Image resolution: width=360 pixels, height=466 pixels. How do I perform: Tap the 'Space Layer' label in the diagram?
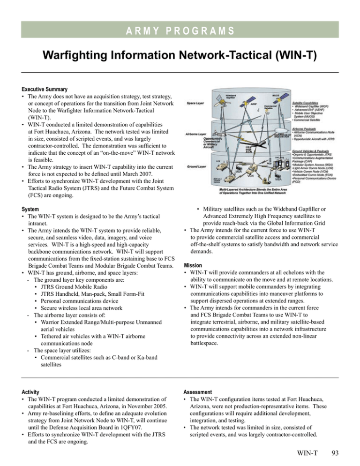195,102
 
